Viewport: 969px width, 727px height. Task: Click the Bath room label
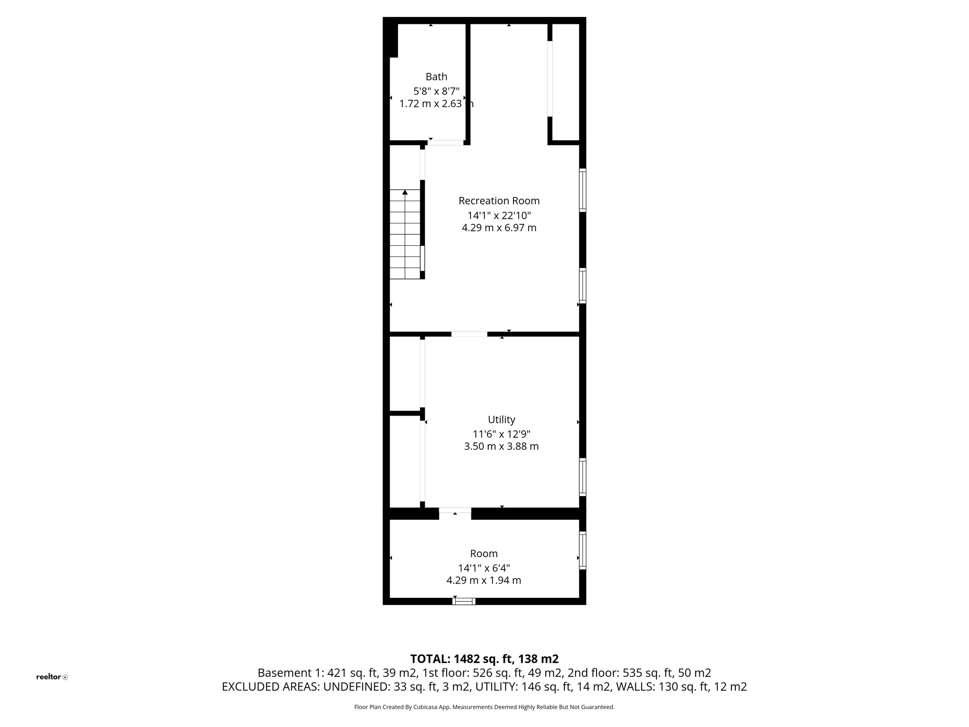[436, 77]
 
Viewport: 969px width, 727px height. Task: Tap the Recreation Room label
[499, 201]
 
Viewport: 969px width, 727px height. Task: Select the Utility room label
[501, 419]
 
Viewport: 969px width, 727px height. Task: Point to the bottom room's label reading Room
[484, 553]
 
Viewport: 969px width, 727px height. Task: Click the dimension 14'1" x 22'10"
[499, 215]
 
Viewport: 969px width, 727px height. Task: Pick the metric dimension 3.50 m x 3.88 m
[501, 446]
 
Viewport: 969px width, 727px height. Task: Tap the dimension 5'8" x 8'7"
[436, 91]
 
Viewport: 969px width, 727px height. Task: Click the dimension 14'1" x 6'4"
[484, 567]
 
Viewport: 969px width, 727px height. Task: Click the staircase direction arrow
[405, 192]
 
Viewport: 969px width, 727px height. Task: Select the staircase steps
[405, 237]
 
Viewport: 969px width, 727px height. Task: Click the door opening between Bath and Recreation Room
[446, 142]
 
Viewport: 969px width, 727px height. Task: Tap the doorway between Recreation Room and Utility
[469, 334]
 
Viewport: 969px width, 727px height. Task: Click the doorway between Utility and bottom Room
[455, 510]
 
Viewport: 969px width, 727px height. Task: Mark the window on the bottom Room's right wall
[582, 550]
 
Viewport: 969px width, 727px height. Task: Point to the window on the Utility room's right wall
[582, 477]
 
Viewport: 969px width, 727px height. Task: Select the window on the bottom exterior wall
[464, 601]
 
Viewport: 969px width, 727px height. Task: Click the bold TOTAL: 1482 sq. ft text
[484, 659]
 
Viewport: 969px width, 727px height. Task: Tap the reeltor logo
[52, 677]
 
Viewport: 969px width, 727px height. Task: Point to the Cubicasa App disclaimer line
[484, 707]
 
